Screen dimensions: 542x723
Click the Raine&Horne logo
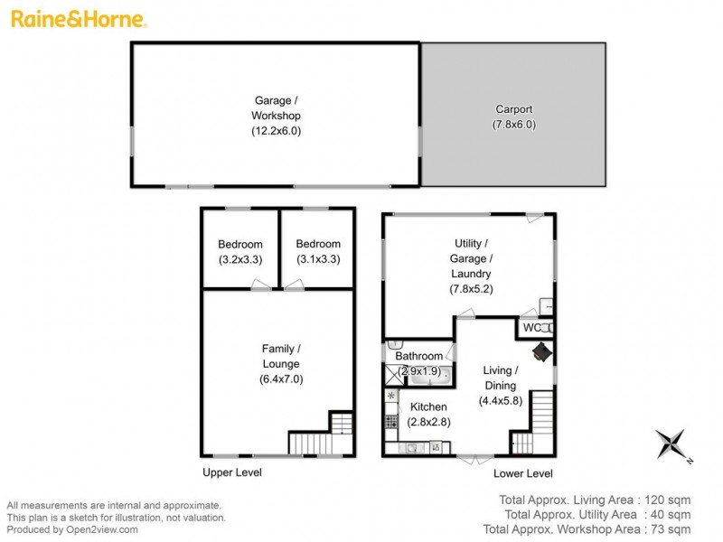click(77, 18)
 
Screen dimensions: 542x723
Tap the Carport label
click(513, 109)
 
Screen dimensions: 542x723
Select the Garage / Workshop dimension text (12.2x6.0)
click(276, 131)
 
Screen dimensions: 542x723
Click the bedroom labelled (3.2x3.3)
click(240, 251)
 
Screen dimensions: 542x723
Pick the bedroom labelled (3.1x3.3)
click(318, 251)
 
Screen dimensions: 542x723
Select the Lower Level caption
click(522, 473)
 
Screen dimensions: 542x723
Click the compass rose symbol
click(672, 444)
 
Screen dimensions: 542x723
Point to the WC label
click(531, 327)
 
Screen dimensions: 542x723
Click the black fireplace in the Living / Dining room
click(542, 351)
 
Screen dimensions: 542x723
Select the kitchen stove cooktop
click(391, 419)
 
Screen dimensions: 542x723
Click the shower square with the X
click(391, 372)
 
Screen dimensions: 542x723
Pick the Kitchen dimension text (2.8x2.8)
click(422, 423)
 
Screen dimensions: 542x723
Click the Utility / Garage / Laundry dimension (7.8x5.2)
click(471, 289)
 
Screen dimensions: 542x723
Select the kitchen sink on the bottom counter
click(411, 446)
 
